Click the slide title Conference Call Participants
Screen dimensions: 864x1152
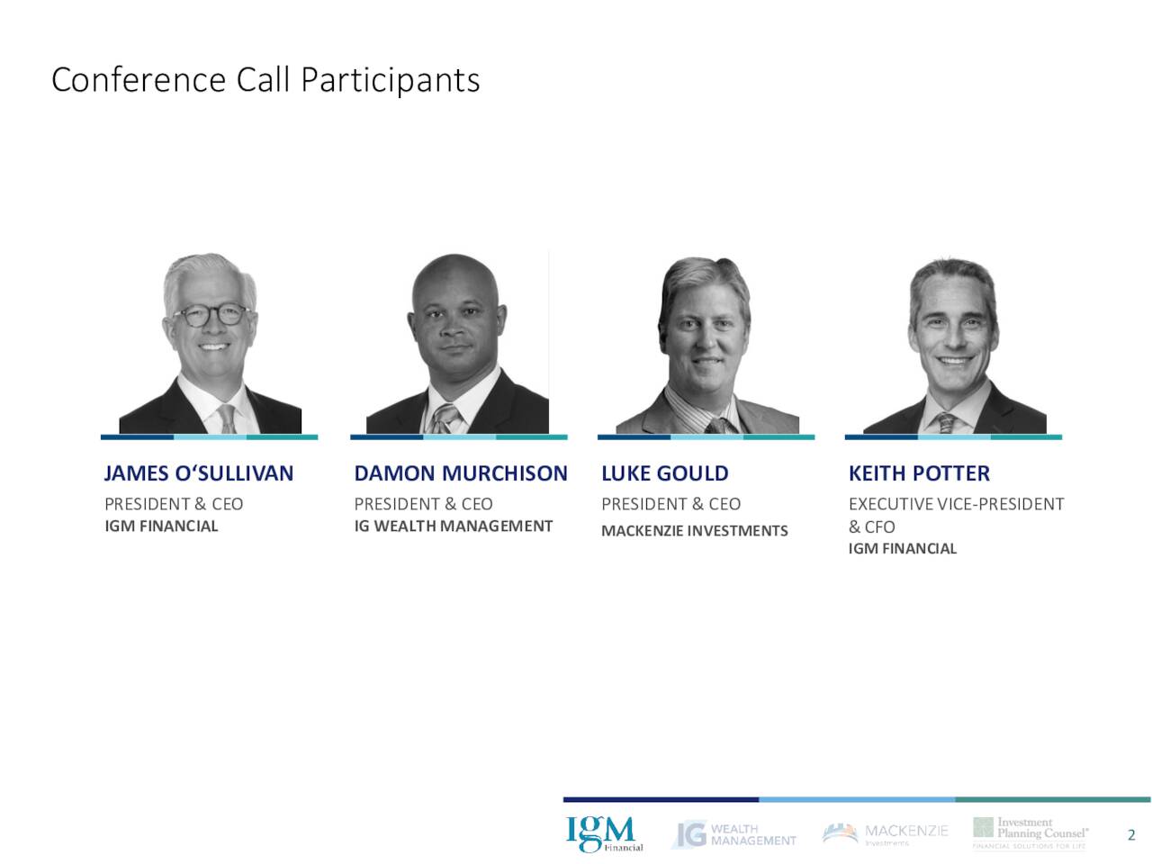click(x=265, y=80)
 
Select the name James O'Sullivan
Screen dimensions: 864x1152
click(x=199, y=473)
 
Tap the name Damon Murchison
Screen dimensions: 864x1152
click(x=460, y=473)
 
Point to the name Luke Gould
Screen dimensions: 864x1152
click(x=665, y=473)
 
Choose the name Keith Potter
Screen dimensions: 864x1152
click(x=919, y=473)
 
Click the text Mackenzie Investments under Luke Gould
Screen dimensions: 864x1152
click(x=694, y=531)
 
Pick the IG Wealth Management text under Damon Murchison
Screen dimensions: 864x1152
click(x=453, y=526)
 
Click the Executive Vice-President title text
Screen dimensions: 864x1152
click(x=956, y=504)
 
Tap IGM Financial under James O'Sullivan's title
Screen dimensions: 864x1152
click(x=161, y=526)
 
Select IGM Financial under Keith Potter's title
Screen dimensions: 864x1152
click(x=902, y=548)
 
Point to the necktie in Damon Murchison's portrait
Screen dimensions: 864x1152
click(x=444, y=418)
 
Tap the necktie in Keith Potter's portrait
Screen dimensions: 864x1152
click(x=946, y=422)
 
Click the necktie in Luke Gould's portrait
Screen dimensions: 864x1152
click(x=717, y=424)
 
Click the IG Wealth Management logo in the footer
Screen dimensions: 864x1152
click(x=733, y=834)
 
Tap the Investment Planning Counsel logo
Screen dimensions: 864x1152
click(x=1030, y=833)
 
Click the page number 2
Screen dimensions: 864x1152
click(x=1131, y=835)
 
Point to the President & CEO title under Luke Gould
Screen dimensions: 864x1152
click(x=670, y=504)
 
